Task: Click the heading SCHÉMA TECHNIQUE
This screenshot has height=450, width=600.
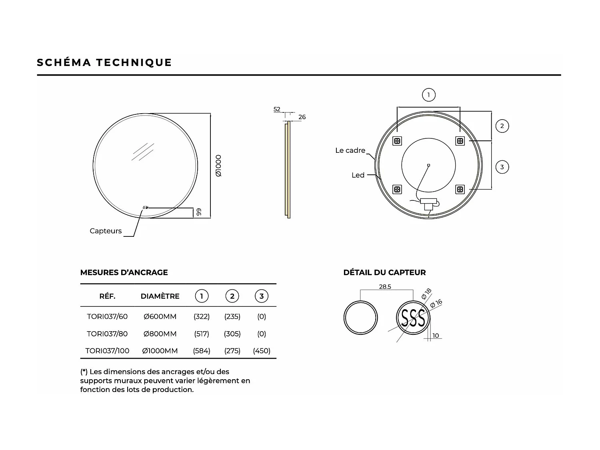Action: (104, 62)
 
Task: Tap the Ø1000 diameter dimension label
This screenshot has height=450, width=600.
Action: (218, 166)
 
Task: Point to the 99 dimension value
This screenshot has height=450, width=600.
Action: (198, 212)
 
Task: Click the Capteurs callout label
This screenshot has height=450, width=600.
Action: (106, 231)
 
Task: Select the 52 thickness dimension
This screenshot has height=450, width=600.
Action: (277, 109)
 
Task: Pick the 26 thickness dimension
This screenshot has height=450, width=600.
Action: (302, 117)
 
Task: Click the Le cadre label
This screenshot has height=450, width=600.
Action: (350, 150)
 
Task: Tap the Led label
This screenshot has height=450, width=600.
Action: (358, 175)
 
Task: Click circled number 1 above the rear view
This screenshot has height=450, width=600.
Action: (428, 95)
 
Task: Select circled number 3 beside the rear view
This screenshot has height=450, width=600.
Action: (502, 167)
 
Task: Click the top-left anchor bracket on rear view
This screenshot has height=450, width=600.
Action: (397, 141)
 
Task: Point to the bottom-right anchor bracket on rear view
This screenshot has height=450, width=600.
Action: (460, 189)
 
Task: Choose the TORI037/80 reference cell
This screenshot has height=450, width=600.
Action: (107, 334)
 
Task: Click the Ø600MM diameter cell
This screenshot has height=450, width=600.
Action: (160, 316)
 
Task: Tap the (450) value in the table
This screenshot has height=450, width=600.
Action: (262, 351)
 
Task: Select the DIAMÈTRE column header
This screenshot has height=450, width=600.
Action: (160, 296)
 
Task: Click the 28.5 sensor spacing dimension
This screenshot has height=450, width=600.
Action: (385, 287)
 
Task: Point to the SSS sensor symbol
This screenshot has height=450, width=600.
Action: (413, 318)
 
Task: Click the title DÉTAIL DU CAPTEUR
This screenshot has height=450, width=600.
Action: (384, 272)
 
